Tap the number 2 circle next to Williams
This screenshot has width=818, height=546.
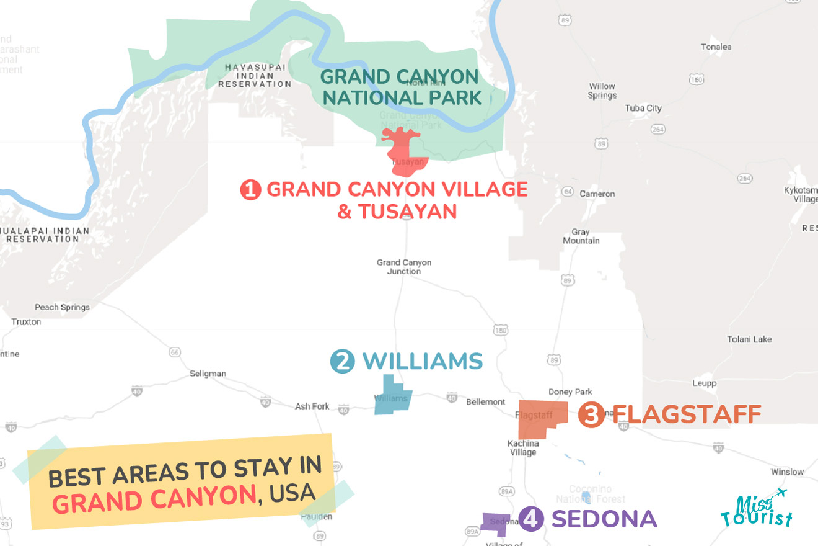tap(342, 361)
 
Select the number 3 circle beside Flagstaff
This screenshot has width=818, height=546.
tap(591, 414)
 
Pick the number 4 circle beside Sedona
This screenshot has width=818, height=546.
tap(531, 519)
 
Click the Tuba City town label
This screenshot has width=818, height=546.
tap(643, 108)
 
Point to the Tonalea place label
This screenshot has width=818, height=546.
tap(716, 47)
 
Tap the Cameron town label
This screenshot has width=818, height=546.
tap(597, 194)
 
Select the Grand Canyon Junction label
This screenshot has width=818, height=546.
tap(404, 267)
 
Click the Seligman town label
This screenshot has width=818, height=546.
tap(208, 374)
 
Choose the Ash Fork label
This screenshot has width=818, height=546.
tap(312, 406)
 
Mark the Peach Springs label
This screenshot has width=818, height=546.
tap(62, 307)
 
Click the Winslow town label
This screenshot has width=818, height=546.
tap(787, 472)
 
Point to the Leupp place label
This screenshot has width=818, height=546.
tap(704, 383)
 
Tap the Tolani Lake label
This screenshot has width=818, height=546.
tap(749, 339)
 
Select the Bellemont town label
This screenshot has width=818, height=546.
tap(485, 402)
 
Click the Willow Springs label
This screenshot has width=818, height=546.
tap(602, 91)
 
